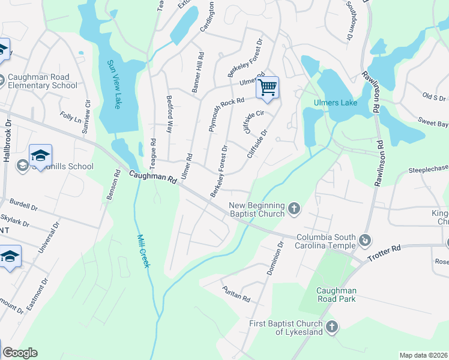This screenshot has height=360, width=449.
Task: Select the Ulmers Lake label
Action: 336,103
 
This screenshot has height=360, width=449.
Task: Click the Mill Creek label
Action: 142,251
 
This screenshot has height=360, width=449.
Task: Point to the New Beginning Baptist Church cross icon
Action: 294,208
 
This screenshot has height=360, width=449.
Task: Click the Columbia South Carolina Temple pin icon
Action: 364,241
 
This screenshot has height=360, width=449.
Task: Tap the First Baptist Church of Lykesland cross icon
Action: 331,327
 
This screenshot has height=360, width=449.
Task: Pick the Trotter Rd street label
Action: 387,249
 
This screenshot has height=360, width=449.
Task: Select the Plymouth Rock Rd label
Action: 226,113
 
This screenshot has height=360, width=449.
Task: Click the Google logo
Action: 19,353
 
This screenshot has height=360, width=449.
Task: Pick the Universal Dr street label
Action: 48,239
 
